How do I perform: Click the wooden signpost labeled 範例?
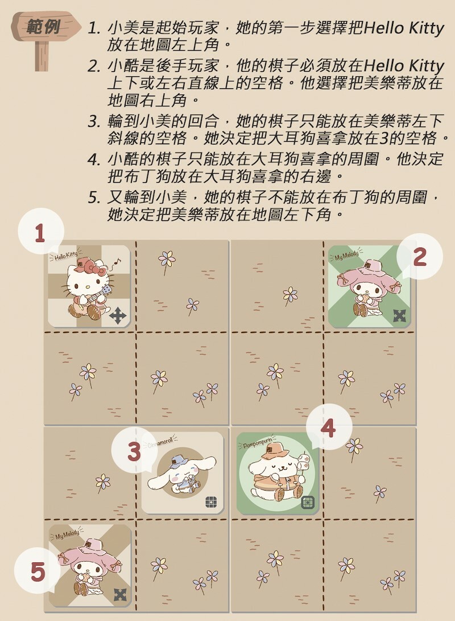pyautogui.click(x=43, y=38)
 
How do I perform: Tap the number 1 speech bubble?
pyautogui.click(x=40, y=232)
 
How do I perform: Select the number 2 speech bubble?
pyautogui.click(x=419, y=257)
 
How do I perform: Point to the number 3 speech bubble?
pyautogui.click(x=134, y=451)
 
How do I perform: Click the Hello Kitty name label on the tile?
pyautogui.click(x=66, y=255)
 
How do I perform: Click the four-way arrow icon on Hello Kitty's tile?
pyautogui.click(x=118, y=316)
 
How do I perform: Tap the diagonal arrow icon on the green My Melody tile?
pyautogui.click(x=399, y=315)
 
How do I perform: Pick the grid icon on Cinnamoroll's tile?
pyautogui.click(x=211, y=502)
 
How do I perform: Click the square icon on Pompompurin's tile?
pyautogui.click(x=308, y=502)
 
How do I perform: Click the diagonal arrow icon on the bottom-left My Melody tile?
pyautogui.click(x=120, y=594)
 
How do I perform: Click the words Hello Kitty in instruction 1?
pyautogui.click(x=404, y=28)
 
